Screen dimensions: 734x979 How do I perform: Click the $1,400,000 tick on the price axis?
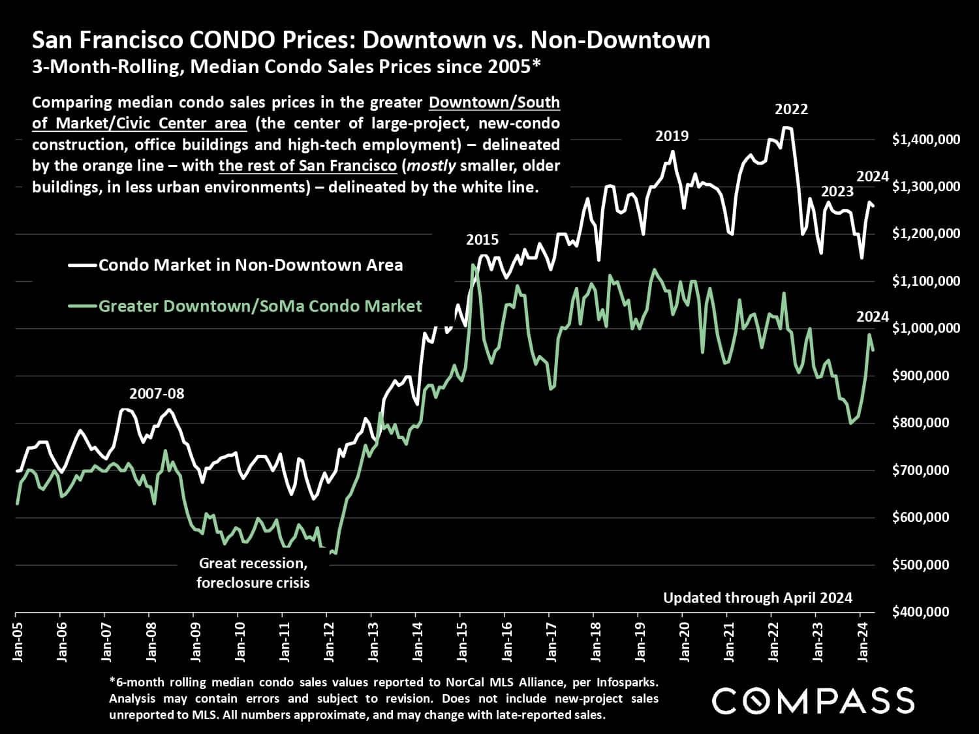click(x=925, y=139)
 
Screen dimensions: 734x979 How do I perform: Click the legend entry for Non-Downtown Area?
click(x=251, y=266)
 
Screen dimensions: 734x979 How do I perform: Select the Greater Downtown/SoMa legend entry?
click(x=260, y=306)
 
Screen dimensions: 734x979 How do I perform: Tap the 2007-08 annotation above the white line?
click(x=157, y=394)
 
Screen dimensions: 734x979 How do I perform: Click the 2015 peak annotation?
click(x=482, y=240)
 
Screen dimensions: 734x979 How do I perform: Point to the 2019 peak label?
click(x=672, y=136)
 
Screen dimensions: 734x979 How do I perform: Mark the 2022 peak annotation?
click(x=791, y=110)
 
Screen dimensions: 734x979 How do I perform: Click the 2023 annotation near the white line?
click(x=837, y=192)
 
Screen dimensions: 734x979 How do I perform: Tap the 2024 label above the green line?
click(x=873, y=317)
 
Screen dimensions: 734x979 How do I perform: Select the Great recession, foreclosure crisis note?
click(x=253, y=573)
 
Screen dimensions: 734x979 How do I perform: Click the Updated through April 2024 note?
click(x=758, y=598)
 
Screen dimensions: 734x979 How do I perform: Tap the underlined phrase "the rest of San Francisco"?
click(x=307, y=166)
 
